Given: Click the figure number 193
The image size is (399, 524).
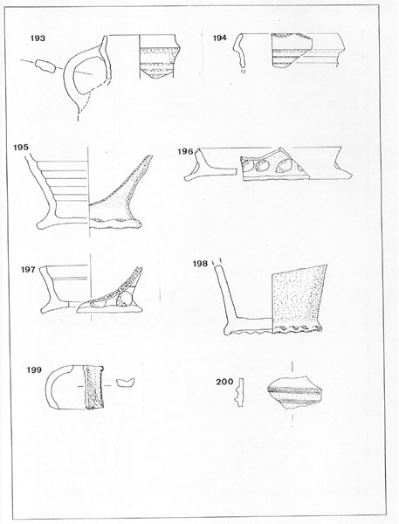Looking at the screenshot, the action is pyautogui.click(x=38, y=38).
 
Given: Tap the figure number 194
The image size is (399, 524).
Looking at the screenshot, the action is pyautogui.click(x=219, y=38).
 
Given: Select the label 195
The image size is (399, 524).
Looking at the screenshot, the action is pyautogui.click(x=21, y=148).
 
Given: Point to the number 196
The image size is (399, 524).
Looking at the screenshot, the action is pyautogui.click(x=185, y=152).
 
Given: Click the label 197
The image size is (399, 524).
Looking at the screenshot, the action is pyautogui.click(x=28, y=270).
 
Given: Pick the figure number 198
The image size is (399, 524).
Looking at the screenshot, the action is pyautogui.click(x=200, y=264).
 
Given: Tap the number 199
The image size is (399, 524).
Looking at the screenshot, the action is pyautogui.click(x=34, y=370).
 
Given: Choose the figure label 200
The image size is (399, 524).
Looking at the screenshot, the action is pyautogui.click(x=224, y=382).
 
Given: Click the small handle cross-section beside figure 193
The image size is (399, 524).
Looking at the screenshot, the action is pyautogui.click(x=45, y=66).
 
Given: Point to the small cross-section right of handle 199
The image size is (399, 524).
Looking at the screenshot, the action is pyautogui.click(x=126, y=383).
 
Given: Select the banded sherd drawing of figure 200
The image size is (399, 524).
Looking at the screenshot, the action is pyautogui.click(x=295, y=392).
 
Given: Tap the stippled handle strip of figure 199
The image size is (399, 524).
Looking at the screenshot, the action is pyautogui.click(x=93, y=387).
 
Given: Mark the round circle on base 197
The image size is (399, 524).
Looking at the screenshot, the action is pyautogui.click(x=124, y=299).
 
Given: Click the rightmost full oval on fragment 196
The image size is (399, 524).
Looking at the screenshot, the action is pyautogui.click(x=284, y=166).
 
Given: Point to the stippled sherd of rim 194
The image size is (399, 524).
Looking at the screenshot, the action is pyautogui.click(x=292, y=50).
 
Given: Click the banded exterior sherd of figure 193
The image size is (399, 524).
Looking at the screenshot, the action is pyautogui.click(x=160, y=57).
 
